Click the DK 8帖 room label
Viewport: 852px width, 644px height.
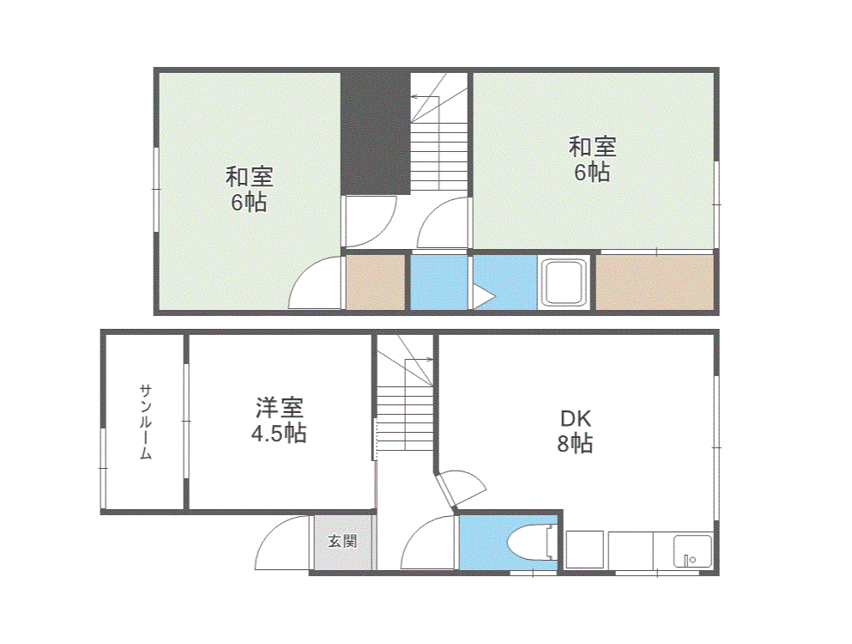575,431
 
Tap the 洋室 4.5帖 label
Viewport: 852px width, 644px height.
278,420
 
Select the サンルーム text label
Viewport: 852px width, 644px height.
146,422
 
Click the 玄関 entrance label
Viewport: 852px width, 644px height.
342,542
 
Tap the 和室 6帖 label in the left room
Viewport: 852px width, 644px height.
249,190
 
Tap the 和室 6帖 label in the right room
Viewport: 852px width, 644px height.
592,159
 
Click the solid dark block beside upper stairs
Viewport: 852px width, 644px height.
374,133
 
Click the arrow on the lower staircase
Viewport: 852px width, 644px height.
420,359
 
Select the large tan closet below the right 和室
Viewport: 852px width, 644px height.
654,283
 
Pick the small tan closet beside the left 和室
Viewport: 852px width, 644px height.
375,283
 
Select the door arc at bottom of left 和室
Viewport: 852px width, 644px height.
313,283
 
